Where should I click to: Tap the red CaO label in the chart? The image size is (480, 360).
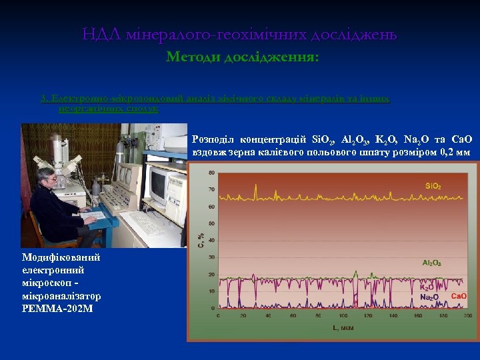click(x=459, y=295)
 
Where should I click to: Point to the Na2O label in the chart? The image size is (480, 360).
click(x=429, y=297)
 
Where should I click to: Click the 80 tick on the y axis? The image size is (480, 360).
click(x=211, y=173)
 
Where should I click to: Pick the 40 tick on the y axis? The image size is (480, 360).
click(x=211, y=241)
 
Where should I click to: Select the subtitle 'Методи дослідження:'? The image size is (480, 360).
click(x=243, y=57)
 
